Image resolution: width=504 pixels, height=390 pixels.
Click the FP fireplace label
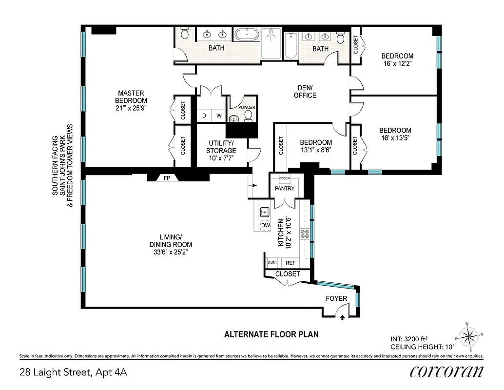pyautogui.click(x=167, y=178)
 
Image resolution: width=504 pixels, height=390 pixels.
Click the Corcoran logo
pyautogui.click(x=446, y=371)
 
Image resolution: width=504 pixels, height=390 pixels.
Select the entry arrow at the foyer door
pyautogui.click(x=342, y=317)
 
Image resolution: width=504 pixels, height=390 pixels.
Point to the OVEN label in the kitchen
pyautogui.click(x=272, y=263)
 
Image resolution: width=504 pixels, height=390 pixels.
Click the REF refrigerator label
pyautogui.click(x=291, y=263)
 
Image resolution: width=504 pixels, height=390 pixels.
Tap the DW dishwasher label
pyautogui.click(x=266, y=225)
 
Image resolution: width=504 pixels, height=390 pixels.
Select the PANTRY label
pyautogui.click(x=285, y=188)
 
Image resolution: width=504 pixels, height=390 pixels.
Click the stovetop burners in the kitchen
pyautogui.click(x=306, y=234)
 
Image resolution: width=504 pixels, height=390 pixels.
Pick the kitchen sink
pyautogui.click(x=265, y=212)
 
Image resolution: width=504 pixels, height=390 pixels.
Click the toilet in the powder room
pyautogui.click(x=248, y=116)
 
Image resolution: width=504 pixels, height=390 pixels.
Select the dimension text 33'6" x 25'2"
pyautogui.click(x=171, y=253)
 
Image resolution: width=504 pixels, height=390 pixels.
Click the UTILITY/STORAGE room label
pyautogui.click(x=221, y=147)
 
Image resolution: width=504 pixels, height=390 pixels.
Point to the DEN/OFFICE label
pyautogui.click(x=305, y=92)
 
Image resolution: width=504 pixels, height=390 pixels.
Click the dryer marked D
pyautogui.click(x=205, y=116)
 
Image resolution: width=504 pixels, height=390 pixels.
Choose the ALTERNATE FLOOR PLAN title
pyautogui.click(x=271, y=334)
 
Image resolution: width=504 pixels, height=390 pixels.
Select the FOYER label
pyautogui.click(x=336, y=298)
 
